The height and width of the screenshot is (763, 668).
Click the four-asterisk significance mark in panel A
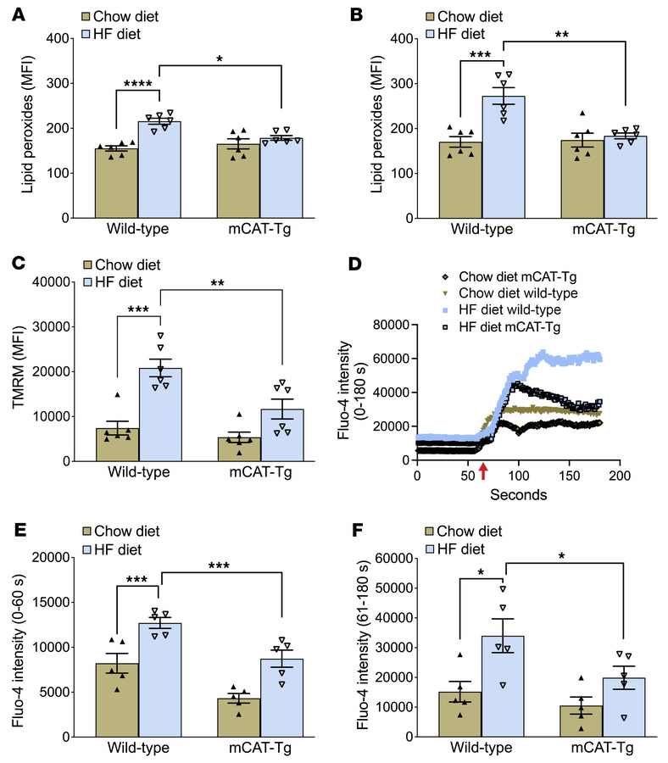136,81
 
